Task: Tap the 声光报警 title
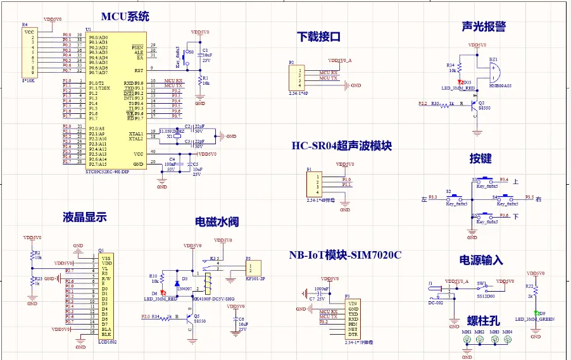click(484, 27)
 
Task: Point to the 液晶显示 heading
click(84, 217)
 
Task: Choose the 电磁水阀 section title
click(216, 222)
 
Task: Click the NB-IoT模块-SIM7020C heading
click(345, 255)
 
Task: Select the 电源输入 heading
click(481, 260)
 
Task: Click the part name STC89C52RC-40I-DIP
click(106, 171)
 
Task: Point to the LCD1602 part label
click(108, 342)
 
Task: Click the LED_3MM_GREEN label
click(534, 320)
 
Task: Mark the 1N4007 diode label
click(184, 289)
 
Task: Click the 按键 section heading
click(480, 158)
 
